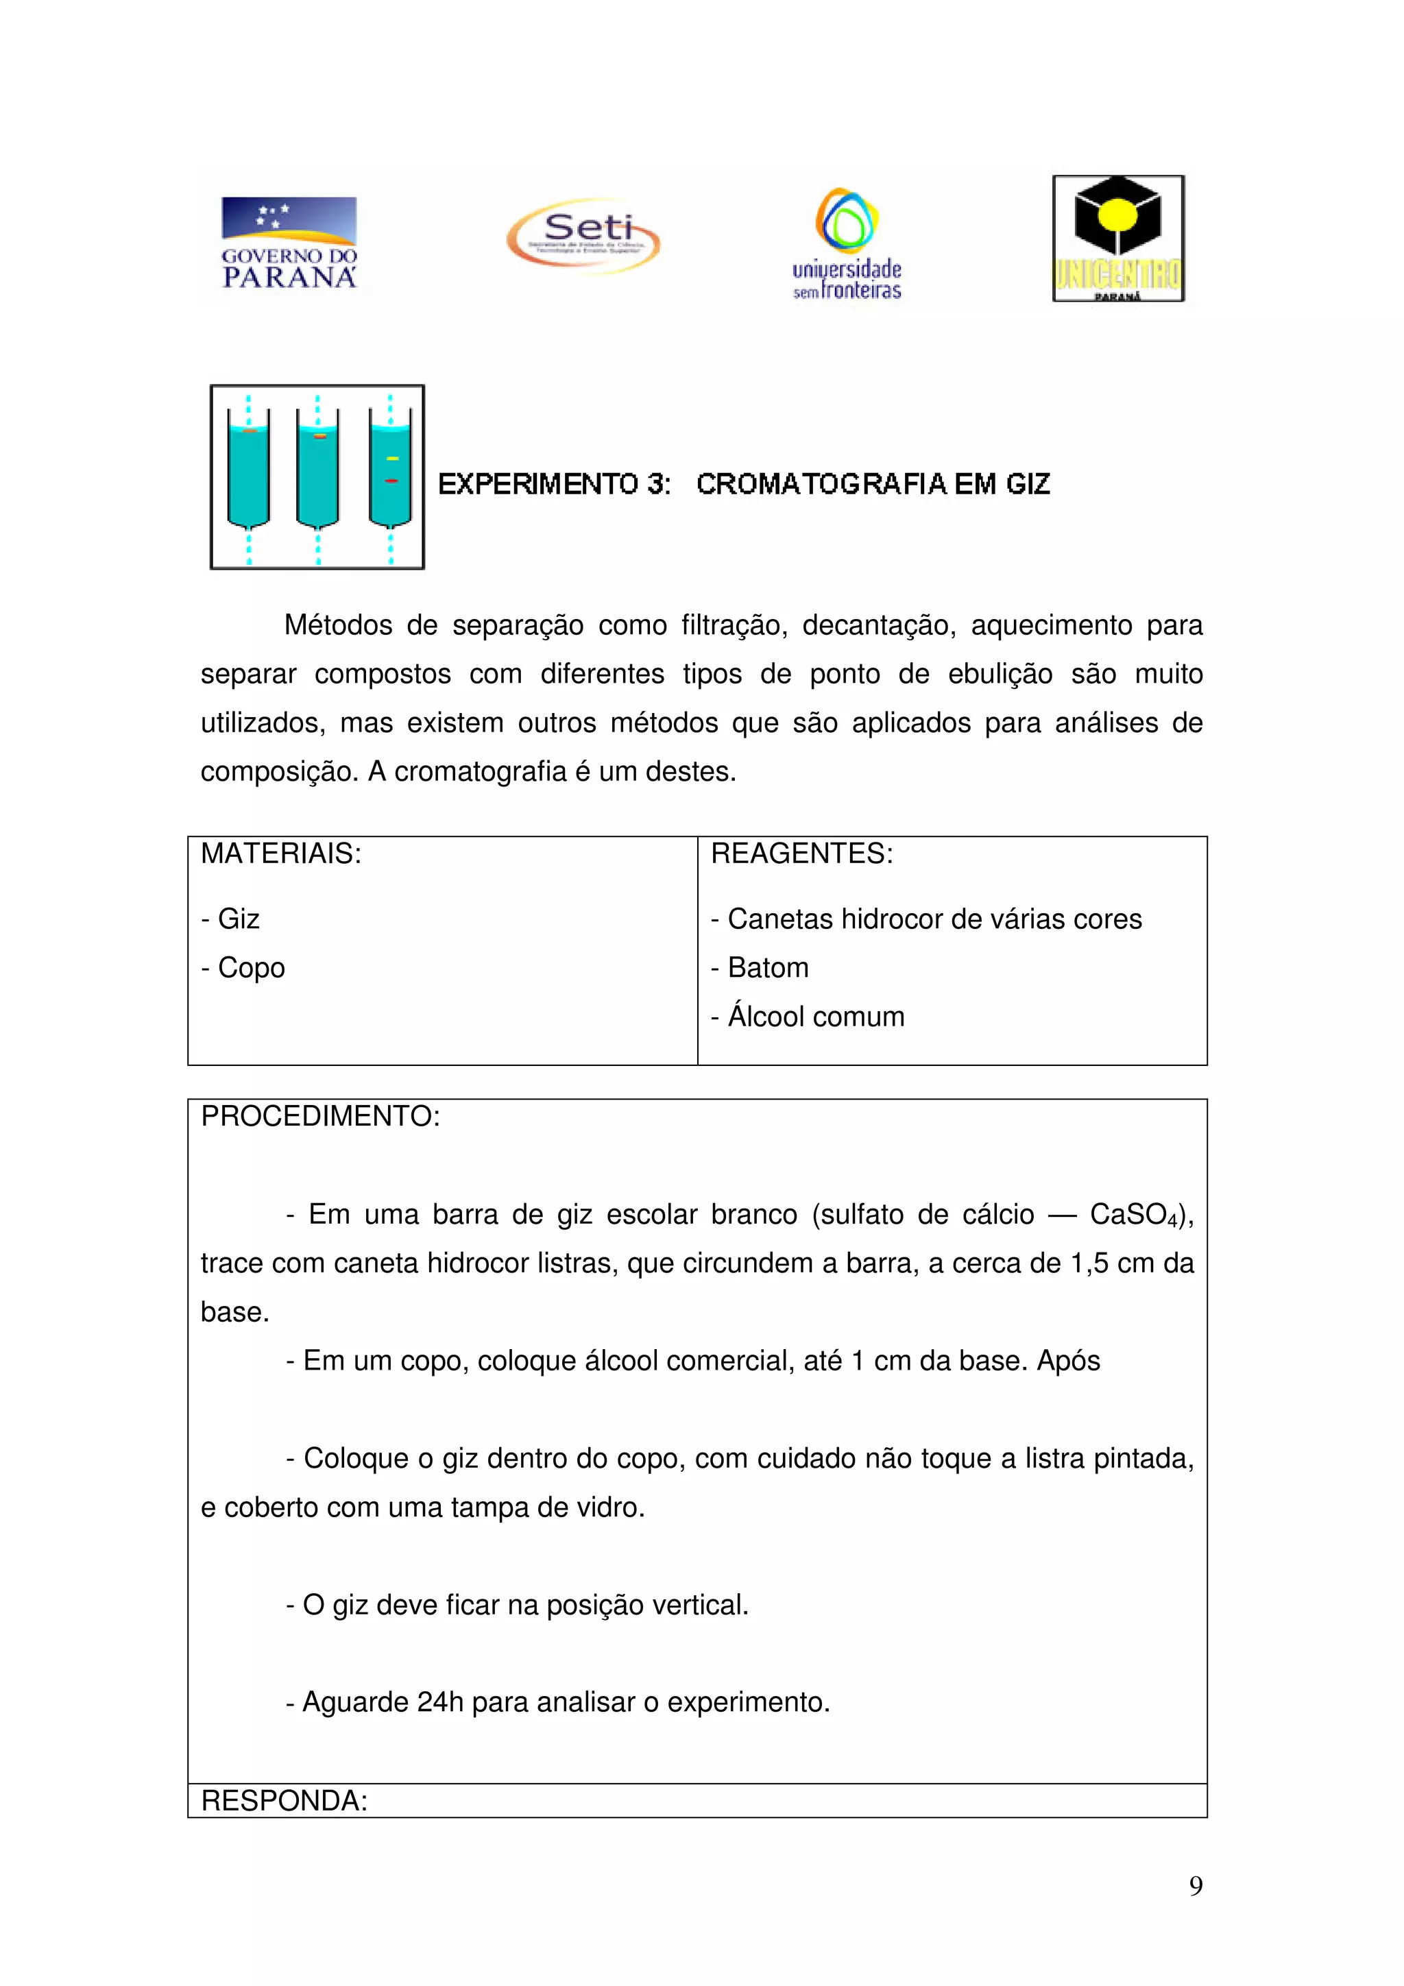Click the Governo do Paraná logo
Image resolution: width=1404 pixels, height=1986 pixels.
point(289,242)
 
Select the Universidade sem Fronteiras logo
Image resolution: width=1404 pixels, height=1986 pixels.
point(847,244)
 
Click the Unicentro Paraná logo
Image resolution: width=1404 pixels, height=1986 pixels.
point(1117,239)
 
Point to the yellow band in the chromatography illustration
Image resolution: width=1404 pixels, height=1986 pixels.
point(392,457)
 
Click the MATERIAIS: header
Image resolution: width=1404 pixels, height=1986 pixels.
point(281,853)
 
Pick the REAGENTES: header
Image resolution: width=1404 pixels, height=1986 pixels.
point(801,853)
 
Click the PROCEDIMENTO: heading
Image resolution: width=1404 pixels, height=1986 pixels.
point(320,1116)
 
